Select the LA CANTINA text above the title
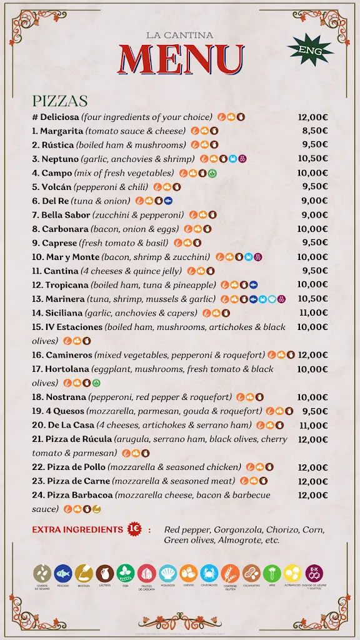pos(179,36)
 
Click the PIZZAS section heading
pos(60,101)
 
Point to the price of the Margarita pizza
pos(315,131)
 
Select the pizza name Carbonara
pos(65,229)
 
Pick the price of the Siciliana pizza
pos(314,313)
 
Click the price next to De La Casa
pos(314,425)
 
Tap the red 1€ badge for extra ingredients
pos(134,529)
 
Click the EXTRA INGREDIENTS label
pos(77,529)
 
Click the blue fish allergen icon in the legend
pos(63,572)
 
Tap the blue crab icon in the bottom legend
pos(209,572)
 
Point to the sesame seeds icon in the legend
pos(42,572)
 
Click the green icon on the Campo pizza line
pos(212,173)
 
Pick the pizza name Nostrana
pos(65,397)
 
